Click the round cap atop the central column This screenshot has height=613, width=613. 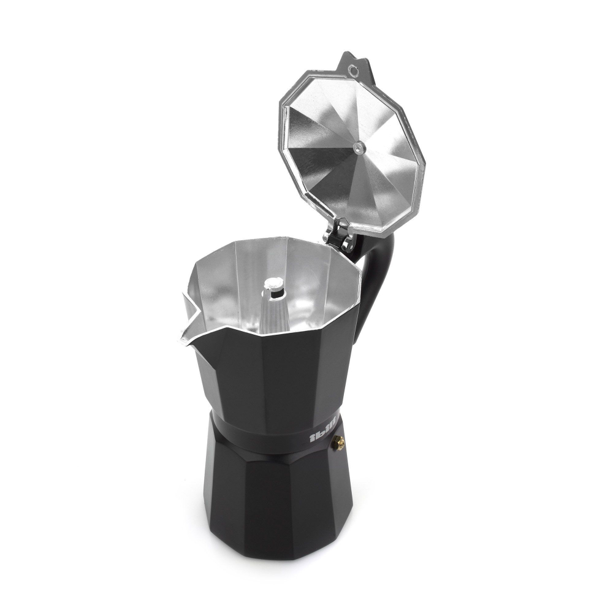coord(274,284)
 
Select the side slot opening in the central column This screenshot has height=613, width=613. coord(273,295)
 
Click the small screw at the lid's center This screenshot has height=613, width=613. coord(357,146)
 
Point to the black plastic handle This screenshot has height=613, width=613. coord(376,276)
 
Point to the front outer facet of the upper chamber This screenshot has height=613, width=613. coord(276,374)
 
